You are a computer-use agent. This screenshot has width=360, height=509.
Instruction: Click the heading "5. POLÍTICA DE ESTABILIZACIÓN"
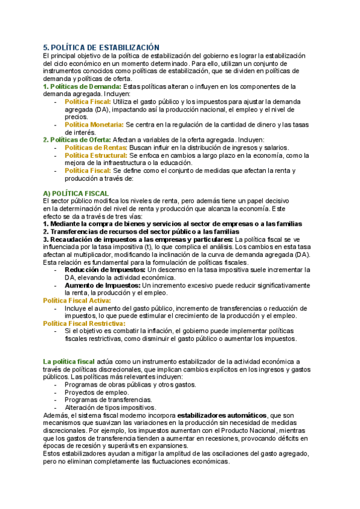click(101, 47)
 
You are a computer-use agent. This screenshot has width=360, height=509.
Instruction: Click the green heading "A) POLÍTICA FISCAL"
click(76, 193)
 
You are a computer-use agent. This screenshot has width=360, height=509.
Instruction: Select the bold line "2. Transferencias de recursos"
click(141, 232)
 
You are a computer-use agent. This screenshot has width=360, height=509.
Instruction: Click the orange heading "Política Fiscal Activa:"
click(77, 300)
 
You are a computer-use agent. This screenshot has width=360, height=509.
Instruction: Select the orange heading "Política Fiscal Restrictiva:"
click(85, 324)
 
